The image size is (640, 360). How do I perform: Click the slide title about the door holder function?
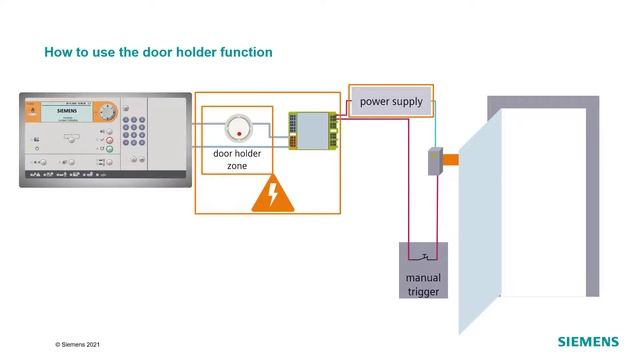pos(158,51)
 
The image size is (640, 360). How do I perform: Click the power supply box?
pos(391,102)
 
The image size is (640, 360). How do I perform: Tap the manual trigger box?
pos(422,270)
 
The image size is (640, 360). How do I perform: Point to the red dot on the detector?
pos(238,133)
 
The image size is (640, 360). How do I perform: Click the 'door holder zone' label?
pos(237,160)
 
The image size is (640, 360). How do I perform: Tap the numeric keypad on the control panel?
pos(133,131)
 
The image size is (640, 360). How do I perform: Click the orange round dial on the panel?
pos(107,111)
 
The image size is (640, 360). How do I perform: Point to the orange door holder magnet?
pos(451,159)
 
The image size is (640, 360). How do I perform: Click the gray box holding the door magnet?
pos(435,160)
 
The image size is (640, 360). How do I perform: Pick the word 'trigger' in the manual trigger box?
pos(422,291)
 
